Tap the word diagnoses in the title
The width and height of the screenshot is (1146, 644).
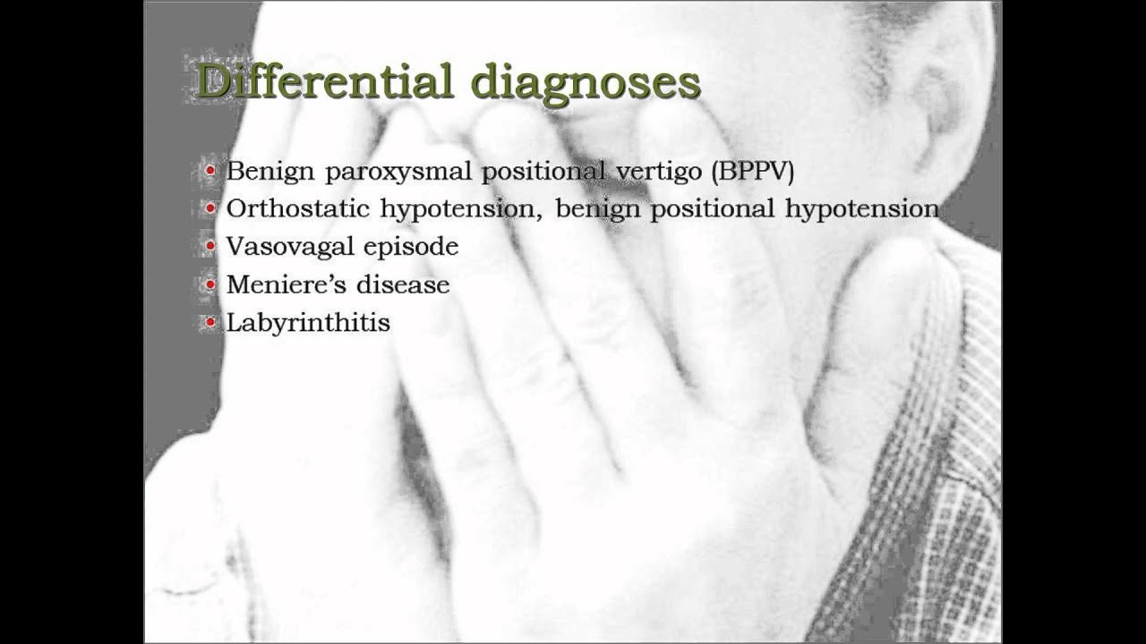pos(586,84)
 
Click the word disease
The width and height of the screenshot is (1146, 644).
pos(403,284)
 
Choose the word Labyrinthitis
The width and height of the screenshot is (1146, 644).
pos(308,323)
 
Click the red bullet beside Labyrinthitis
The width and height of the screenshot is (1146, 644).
pos(210,323)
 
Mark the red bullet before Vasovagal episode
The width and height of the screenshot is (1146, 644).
pos(210,246)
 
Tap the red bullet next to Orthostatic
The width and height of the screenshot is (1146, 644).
pos(210,208)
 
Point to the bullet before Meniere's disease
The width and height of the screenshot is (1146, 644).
pos(210,284)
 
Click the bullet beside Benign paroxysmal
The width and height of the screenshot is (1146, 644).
pos(210,170)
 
